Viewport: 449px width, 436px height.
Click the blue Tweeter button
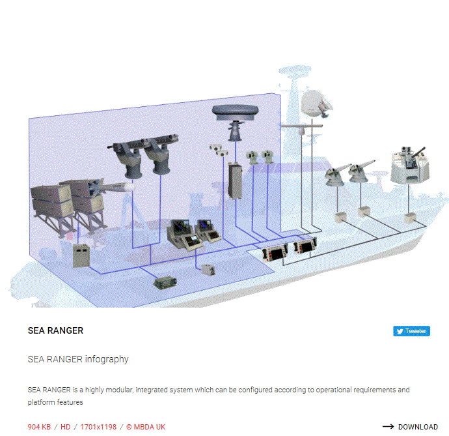411,331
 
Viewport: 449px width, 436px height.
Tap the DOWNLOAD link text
418,427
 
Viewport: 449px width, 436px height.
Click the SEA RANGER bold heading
55,330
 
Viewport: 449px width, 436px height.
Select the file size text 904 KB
39,427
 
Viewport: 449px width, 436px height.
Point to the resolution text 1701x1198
98,427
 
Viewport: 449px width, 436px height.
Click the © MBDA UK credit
146,427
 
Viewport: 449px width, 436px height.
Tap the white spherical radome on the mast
314,104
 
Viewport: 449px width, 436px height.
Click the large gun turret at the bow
410,166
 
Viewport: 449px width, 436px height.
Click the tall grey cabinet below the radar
235,181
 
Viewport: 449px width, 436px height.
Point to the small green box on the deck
165,283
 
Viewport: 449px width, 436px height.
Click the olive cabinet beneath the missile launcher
81,255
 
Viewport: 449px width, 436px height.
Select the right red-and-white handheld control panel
306,246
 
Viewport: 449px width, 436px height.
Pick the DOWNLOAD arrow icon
388,427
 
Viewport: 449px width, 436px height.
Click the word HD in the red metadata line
65,427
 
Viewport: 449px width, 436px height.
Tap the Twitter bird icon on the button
400,331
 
